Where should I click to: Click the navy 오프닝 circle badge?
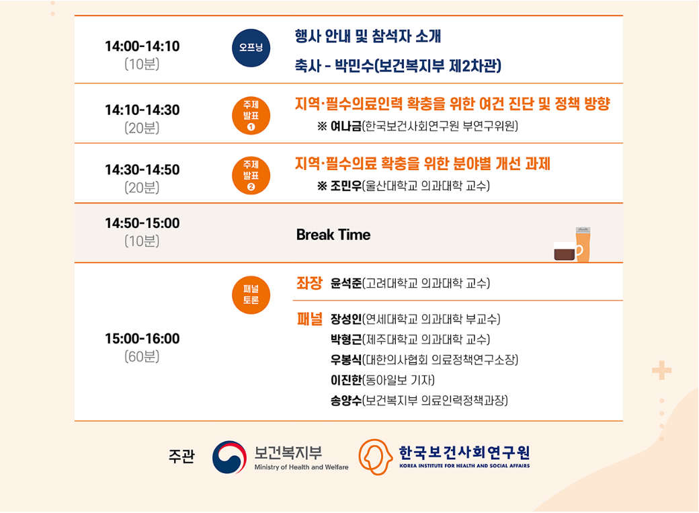coord(251,48)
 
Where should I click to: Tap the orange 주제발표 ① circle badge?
coord(251,116)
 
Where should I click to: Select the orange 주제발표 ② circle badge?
coord(251,175)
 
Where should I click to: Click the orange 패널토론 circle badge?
coord(251,295)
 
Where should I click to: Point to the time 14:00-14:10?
coord(142,46)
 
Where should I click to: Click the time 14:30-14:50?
coord(142,169)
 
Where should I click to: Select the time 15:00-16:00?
coord(142,339)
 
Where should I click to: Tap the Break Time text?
coord(333,235)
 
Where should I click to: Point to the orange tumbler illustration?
coord(583,244)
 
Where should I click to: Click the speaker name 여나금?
coord(345,126)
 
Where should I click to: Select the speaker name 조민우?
coord(345,186)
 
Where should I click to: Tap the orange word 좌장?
coord(309,283)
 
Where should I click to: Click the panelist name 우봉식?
coord(345,360)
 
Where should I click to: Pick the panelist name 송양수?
coord(345,400)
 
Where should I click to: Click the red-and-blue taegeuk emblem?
coord(230,457)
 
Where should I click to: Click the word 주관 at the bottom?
coord(181,457)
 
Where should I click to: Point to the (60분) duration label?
coord(142,356)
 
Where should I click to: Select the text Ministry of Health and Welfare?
coord(301,467)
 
